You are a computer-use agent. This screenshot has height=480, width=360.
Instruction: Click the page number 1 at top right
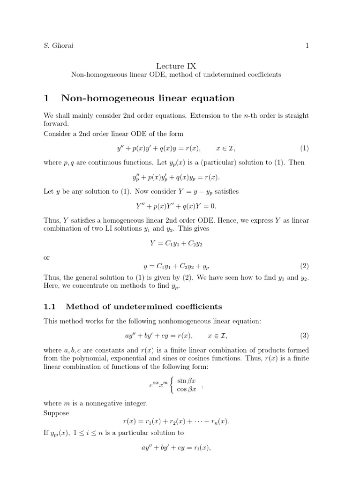coord(307,46)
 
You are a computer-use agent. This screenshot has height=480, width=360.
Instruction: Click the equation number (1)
coord(304,149)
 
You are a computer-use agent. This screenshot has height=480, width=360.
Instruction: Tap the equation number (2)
coord(304,266)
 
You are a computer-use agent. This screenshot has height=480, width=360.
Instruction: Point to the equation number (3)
coord(304,336)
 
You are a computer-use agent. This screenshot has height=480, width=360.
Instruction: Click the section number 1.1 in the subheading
coord(49,307)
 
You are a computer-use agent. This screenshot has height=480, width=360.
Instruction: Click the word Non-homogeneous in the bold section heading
coord(103,98)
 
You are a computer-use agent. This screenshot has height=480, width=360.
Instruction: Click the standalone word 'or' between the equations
coord(46,257)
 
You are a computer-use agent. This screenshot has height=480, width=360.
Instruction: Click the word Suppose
coord(56,413)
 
